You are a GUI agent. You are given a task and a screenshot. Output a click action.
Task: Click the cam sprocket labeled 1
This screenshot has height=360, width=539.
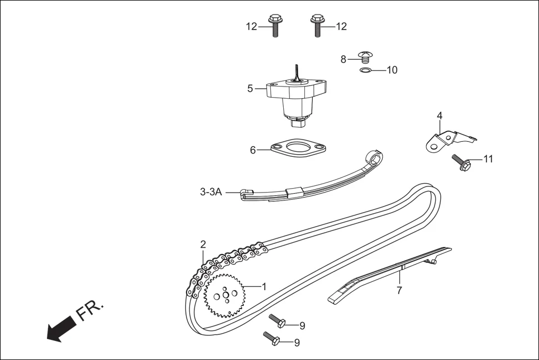pyautogui.click(x=225, y=295)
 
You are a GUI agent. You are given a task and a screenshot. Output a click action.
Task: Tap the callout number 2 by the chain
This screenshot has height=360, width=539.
pyautogui.click(x=203, y=244)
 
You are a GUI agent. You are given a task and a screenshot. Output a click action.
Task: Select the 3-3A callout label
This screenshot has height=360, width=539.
pyautogui.click(x=211, y=192)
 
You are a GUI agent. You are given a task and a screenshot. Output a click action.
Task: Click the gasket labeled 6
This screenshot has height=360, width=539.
pyautogui.click(x=297, y=150)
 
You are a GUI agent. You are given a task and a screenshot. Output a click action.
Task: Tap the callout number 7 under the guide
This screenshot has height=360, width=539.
pyautogui.click(x=399, y=290)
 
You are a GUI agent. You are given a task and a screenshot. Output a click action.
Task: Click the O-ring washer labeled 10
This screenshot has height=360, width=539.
pyautogui.click(x=365, y=70)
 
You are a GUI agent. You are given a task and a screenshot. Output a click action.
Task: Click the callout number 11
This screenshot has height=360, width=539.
pyautogui.click(x=488, y=159)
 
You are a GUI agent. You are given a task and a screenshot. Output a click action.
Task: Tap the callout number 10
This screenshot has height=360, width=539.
pyautogui.click(x=392, y=70)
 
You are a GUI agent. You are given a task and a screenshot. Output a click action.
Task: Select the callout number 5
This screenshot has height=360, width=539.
pyautogui.click(x=250, y=88)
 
